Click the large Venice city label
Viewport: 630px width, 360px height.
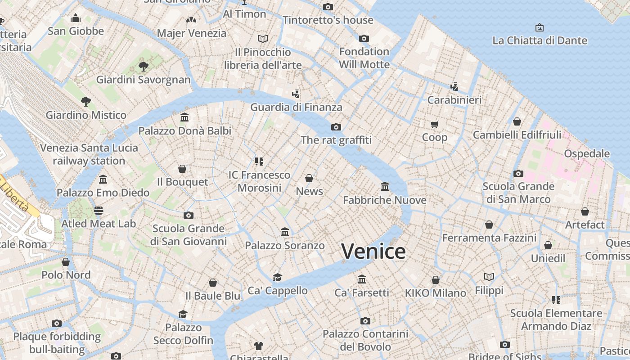coord(373,251)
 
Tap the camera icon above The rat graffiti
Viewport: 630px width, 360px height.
coord(336,127)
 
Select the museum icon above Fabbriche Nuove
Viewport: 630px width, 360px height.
coord(385,186)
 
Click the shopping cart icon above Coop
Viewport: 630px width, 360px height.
coord(434,124)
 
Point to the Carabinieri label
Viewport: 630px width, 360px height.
coord(454,100)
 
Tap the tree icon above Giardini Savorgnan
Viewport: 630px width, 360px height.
coord(144,67)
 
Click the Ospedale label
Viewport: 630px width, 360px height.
coord(587,153)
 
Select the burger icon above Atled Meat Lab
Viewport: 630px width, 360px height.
coord(99,210)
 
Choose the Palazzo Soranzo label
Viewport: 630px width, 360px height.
coord(285,245)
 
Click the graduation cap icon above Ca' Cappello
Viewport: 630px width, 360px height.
coord(278,277)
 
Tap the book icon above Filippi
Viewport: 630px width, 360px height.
coord(489,277)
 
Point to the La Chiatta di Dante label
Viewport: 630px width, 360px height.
coord(540,40)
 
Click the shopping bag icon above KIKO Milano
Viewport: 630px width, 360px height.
coord(436,280)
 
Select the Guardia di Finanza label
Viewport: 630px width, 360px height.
coord(296,107)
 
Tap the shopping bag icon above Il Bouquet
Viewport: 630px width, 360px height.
coord(182,169)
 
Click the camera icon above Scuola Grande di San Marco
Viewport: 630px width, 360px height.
coord(518,173)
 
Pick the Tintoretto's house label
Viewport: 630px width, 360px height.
coord(328,20)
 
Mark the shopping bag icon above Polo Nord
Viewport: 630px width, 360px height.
coord(66,261)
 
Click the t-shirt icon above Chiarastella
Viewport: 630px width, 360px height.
coord(259,346)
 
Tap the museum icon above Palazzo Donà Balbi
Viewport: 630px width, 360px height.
coord(184,117)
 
